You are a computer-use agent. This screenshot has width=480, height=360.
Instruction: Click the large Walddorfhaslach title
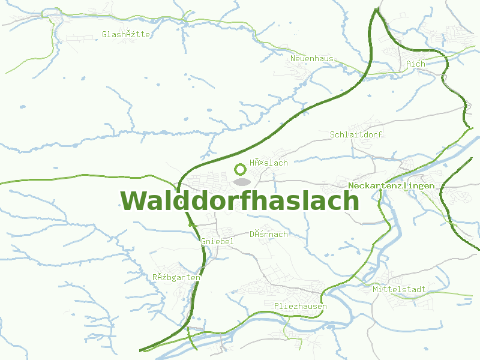[x=239, y=201]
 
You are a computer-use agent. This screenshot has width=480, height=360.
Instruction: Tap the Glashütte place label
[x=126, y=34]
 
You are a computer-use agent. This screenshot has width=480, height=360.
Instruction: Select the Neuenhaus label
[x=311, y=58]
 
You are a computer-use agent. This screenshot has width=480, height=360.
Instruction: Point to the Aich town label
[x=415, y=64]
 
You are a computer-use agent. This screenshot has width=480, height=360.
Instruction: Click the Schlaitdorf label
[x=356, y=134]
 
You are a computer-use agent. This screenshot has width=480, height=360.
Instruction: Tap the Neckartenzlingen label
[x=391, y=186]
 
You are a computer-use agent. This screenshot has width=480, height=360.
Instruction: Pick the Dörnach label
[x=268, y=234]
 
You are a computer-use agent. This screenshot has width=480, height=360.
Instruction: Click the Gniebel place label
[x=217, y=241]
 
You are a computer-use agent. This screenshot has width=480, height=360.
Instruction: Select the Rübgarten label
[x=176, y=277]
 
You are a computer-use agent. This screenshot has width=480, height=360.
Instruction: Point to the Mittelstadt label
[x=399, y=289]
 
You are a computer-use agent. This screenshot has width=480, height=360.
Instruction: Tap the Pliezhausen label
[x=300, y=307]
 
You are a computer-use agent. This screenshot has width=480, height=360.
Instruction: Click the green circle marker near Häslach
[x=241, y=169]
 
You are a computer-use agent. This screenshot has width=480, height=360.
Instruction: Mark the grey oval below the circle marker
[x=241, y=181]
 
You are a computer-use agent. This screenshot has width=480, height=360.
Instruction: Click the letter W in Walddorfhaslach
[x=133, y=201]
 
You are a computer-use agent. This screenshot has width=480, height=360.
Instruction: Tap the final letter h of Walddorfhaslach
[x=351, y=201]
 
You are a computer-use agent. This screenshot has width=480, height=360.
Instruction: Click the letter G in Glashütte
[x=105, y=34]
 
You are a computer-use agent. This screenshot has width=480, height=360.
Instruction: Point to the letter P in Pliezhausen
[x=276, y=307]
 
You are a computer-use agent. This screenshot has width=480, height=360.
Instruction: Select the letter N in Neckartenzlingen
[x=351, y=186]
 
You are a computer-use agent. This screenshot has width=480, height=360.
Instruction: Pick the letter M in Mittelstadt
[x=375, y=289]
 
